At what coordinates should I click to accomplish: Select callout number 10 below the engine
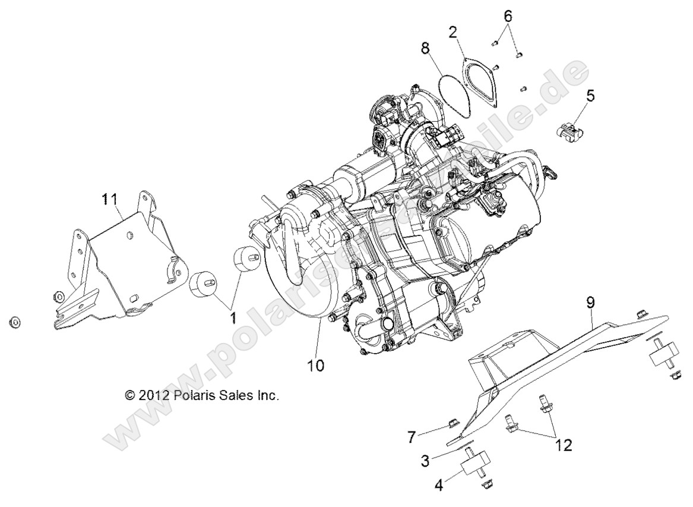point(316,366)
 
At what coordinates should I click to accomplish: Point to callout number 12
point(564,445)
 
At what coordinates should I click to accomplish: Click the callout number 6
point(508,16)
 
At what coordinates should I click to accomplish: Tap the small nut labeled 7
point(451,423)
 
